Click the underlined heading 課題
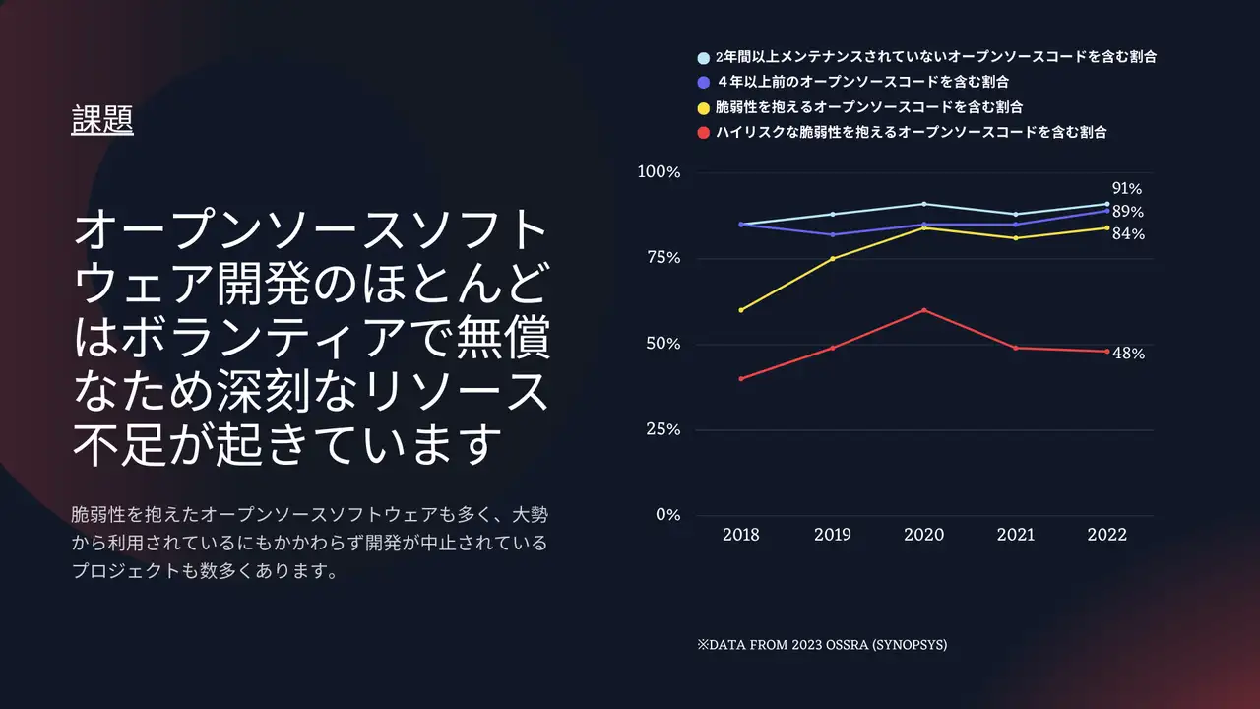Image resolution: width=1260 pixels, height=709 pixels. (x=102, y=120)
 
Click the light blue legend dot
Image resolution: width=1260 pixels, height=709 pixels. (x=703, y=58)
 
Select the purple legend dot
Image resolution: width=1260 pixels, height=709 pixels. (x=703, y=83)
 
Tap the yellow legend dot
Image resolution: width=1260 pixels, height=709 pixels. (x=703, y=107)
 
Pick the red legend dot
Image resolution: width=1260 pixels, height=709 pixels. (x=703, y=132)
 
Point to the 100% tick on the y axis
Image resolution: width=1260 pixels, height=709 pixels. (x=659, y=172)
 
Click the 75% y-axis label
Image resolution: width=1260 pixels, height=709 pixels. (x=661, y=258)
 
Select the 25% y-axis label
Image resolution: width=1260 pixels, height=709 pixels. (x=661, y=430)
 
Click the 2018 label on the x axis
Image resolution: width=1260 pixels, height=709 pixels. (x=741, y=535)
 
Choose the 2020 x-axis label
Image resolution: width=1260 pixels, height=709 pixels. (x=923, y=535)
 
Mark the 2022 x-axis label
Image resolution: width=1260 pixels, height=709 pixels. (x=1106, y=535)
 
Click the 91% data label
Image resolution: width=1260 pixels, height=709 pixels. (x=1127, y=189)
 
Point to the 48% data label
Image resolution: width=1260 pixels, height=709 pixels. (x=1128, y=354)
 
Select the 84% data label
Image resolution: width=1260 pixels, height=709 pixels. (x=1128, y=234)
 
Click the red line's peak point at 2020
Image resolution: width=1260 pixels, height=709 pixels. (x=923, y=310)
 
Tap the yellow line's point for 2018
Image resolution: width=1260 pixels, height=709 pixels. (x=741, y=310)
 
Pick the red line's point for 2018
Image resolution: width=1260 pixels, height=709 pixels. (x=741, y=379)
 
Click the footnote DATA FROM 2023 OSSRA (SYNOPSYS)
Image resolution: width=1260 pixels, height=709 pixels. (x=822, y=645)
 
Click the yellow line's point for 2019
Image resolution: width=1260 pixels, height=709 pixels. (x=833, y=259)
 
